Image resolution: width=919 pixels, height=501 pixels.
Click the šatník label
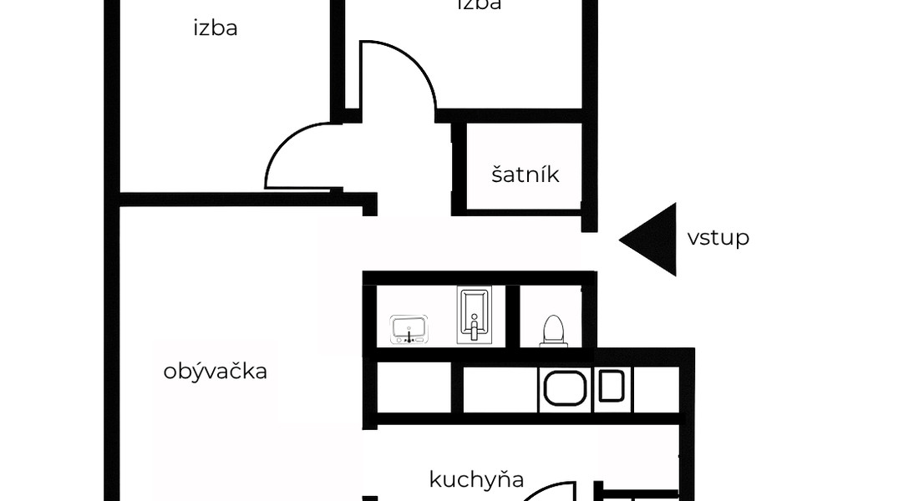[x=525, y=175]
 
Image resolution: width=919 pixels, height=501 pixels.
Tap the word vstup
[x=718, y=238]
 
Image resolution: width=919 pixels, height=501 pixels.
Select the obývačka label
[x=216, y=371]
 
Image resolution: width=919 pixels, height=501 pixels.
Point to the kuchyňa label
[x=476, y=479]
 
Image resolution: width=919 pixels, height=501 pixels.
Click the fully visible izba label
[x=216, y=28]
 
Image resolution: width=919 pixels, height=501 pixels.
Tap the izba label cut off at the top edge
[x=480, y=5]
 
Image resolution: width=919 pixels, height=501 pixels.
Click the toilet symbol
[x=553, y=331]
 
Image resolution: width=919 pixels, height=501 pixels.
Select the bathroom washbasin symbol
[x=410, y=329]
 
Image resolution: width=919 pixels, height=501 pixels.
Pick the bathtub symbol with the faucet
[x=475, y=315]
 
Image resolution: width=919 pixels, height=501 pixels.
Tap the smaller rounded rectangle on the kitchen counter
[x=611, y=387]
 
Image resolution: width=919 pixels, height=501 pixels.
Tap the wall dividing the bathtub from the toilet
[x=514, y=316]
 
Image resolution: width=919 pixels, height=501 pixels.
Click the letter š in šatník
[x=497, y=175]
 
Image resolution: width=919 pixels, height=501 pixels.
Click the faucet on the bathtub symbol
[x=474, y=330]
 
